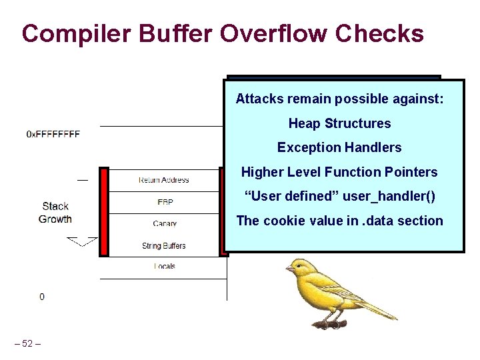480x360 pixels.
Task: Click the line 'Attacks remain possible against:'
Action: [339, 99]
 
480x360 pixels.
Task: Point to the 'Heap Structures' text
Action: [339, 123]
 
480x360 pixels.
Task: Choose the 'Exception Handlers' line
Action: [339, 147]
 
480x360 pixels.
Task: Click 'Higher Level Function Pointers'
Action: [339, 172]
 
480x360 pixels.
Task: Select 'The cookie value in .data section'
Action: [339, 221]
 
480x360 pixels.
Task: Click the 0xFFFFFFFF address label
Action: [53, 134]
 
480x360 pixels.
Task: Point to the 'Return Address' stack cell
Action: [163, 180]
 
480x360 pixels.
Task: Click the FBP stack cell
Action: [163, 201]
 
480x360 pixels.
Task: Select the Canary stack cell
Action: [163, 223]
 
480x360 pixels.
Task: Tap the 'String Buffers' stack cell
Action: [163, 245]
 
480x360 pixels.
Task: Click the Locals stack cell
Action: [163, 266]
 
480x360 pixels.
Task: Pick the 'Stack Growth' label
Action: [55, 213]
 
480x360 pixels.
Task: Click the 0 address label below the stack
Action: [42, 297]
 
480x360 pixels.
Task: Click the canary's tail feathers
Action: [380, 309]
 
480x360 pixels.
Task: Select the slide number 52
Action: [27, 344]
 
